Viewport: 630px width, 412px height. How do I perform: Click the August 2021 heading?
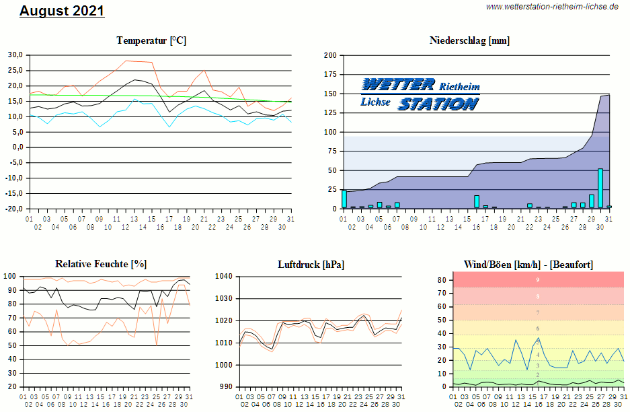(x=62, y=11)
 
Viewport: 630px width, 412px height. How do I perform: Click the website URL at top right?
(x=551, y=7)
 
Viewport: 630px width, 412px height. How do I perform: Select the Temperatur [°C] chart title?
(x=151, y=40)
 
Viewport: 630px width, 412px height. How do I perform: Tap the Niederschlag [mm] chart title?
(x=469, y=40)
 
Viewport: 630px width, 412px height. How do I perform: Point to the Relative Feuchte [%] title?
(x=101, y=264)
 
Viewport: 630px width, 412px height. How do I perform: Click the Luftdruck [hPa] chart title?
(x=311, y=264)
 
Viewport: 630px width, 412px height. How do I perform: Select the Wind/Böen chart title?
(x=528, y=264)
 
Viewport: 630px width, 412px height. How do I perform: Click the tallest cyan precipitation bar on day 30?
(x=600, y=188)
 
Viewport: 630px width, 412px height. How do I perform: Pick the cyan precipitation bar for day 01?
(x=344, y=199)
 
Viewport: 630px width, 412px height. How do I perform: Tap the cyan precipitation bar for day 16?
(x=477, y=201)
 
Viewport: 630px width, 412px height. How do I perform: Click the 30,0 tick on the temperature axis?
(x=15, y=55)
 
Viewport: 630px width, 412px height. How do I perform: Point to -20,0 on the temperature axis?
(x=14, y=209)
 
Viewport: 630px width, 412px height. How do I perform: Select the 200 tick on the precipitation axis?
(x=330, y=55)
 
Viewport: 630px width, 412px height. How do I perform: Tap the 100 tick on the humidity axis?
(x=11, y=277)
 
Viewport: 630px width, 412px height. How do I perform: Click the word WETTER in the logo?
(x=398, y=84)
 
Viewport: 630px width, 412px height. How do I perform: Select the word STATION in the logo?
(x=438, y=104)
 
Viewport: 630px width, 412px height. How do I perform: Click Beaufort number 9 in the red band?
(x=537, y=280)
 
